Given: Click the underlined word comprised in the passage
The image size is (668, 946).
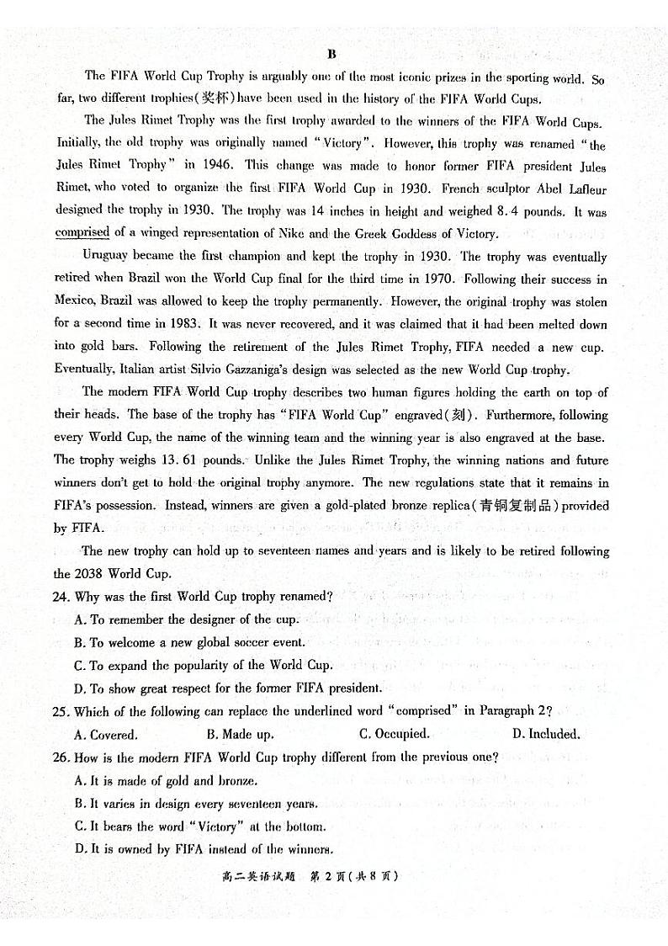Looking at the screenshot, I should coord(82,233).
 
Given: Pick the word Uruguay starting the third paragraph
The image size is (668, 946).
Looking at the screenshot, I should coord(106,256).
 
